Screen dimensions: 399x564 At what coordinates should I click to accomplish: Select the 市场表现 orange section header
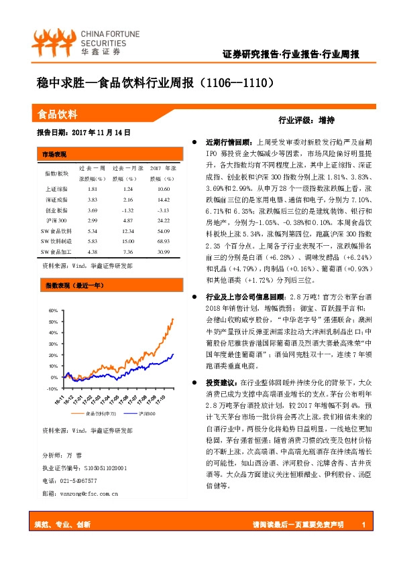[54, 153]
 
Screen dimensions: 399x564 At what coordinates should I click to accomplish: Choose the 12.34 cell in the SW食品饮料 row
[127, 229]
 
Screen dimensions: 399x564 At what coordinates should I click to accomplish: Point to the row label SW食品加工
[56, 252]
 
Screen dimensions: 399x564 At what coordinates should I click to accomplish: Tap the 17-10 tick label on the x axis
[160, 399]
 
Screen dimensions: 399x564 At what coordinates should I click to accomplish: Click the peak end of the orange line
[173, 318]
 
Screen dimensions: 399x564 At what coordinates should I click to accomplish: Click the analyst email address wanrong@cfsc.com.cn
[80, 494]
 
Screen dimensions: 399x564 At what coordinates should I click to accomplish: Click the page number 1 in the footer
[362, 524]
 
